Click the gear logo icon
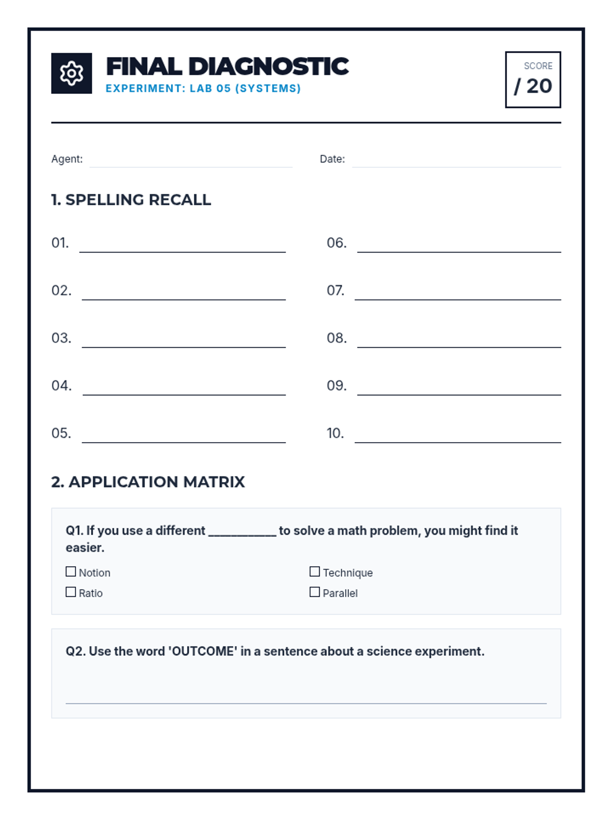click(71, 73)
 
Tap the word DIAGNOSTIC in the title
click(268, 67)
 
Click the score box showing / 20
click(533, 80)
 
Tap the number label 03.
click(61, 338)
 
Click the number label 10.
click(335, 433)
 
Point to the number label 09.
click(337, 386)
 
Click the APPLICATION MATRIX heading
click(156, 482)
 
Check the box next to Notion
click(71, 572)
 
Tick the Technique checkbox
click(315, 572)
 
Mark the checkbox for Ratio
click(71, 592)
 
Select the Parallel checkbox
click(315, 592)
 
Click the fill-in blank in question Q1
click(242, 532)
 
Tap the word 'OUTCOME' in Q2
click(203, 651)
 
